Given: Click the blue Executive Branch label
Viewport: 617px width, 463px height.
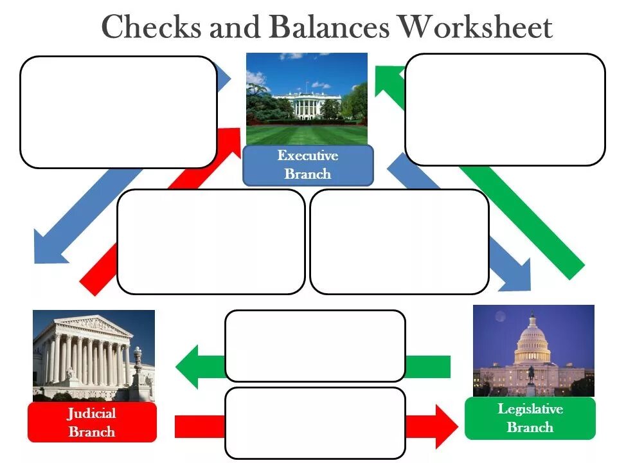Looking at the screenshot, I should click(308, 165).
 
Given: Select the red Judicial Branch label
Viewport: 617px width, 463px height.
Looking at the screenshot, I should click(92, 422).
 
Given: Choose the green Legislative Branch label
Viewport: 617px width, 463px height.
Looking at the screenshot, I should click(530, 418).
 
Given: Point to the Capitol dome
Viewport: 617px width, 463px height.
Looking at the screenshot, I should click(532, 341).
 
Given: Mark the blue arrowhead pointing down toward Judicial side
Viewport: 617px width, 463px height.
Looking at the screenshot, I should click(48, 248).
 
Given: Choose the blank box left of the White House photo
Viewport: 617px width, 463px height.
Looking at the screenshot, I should click(118, 112).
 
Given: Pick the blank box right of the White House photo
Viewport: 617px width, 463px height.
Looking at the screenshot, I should click(505, 109).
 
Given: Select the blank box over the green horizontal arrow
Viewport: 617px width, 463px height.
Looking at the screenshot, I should click(315, 346).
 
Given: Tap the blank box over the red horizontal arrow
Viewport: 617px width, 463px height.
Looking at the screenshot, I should click(315, 422).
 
